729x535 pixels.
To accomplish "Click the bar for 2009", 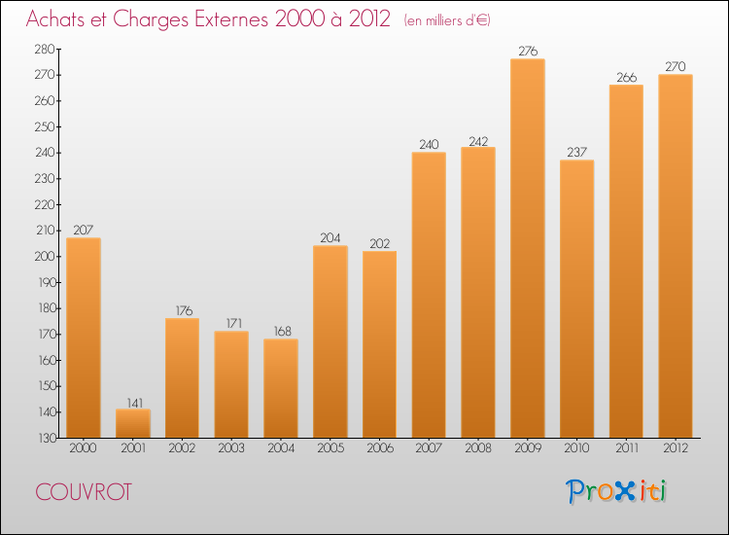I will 527,248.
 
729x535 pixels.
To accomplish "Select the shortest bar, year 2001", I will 133,423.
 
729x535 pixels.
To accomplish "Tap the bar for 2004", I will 281,388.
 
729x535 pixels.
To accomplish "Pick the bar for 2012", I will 676,256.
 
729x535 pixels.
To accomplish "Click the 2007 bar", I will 429,295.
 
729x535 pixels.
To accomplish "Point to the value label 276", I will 527,51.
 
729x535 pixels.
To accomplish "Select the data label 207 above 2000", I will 84,230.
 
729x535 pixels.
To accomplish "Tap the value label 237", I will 576,152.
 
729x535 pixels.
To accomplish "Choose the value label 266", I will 626,77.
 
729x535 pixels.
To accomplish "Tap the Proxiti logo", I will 616,491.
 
